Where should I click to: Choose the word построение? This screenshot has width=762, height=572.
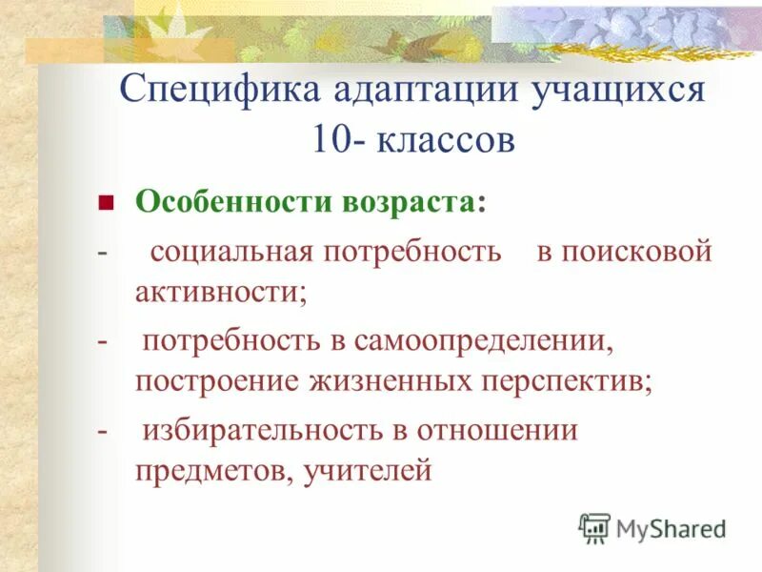pyautogui.click(x=215, y=382)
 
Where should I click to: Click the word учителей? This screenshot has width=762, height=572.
pyautogui.click(x=368, y=471)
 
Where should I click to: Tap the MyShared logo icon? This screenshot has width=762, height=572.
pyautogui.click(x=594, y=527)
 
